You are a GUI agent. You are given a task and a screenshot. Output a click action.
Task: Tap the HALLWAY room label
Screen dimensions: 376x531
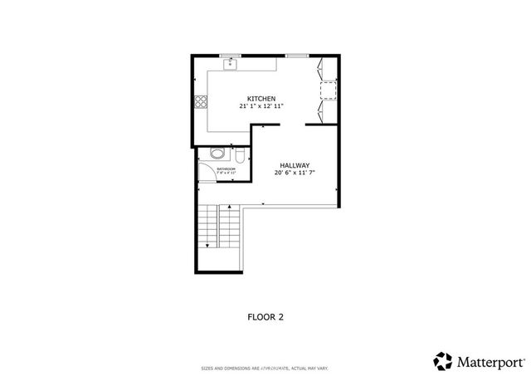click(295, 164)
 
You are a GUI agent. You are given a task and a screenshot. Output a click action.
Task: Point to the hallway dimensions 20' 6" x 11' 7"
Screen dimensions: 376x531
click(295, 173)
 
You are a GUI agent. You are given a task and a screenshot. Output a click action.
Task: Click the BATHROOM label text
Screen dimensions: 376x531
click(226, 168)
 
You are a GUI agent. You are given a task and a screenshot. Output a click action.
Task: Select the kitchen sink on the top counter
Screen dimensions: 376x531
click(230, 63)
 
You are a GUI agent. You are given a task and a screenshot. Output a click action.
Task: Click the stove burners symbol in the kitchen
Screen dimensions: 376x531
click(200, 103)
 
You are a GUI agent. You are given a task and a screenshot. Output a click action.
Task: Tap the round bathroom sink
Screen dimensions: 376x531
click(217, 153)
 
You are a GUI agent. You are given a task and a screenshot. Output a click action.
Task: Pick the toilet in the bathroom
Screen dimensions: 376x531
click(239, 155)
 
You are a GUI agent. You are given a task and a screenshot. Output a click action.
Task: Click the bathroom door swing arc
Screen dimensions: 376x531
click(206, 173)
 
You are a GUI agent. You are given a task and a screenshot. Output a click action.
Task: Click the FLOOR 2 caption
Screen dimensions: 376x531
click(265, 316)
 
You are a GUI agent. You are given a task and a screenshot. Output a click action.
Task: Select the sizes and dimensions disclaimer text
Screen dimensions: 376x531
click(265, 368)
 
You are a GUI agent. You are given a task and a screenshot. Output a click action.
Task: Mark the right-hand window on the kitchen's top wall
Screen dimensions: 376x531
click(296, 55)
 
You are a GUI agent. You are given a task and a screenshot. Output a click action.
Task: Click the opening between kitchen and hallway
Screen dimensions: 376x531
click(293, 125)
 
